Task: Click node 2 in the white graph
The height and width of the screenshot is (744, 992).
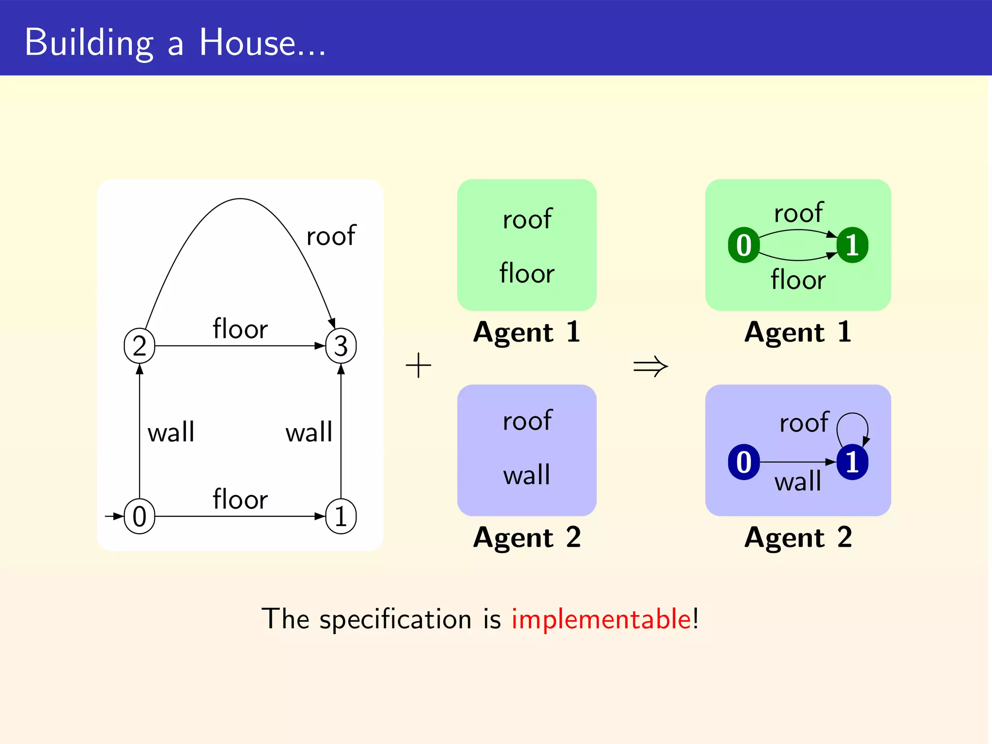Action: tap(139, 346)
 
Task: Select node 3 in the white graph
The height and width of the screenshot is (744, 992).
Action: tap(341, 346)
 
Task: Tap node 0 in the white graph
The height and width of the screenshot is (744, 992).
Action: tap(139, 516)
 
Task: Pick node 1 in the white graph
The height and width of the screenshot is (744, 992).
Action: tap(341, 516)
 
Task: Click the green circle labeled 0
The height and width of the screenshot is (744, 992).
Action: tap(744, 245)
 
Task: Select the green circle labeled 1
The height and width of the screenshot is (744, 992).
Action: tap(852, 245)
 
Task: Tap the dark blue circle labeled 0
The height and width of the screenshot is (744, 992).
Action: tap(744, 462)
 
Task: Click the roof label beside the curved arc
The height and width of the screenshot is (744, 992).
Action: tap(331, 236)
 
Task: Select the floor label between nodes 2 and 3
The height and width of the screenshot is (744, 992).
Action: tap(240, 329)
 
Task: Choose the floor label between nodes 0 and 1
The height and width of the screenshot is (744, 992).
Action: tap(240, 499)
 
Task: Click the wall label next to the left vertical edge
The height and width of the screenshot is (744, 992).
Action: tap(171, 432)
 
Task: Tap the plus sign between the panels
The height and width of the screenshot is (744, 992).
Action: tap(418, 365)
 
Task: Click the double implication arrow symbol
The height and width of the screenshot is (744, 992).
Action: tap(651, 366)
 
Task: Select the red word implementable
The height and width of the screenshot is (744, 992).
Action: tap(601, 619)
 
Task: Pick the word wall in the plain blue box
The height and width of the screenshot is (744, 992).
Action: tap(527, 475)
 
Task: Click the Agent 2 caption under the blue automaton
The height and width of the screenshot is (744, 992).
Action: tap(798, 537)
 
